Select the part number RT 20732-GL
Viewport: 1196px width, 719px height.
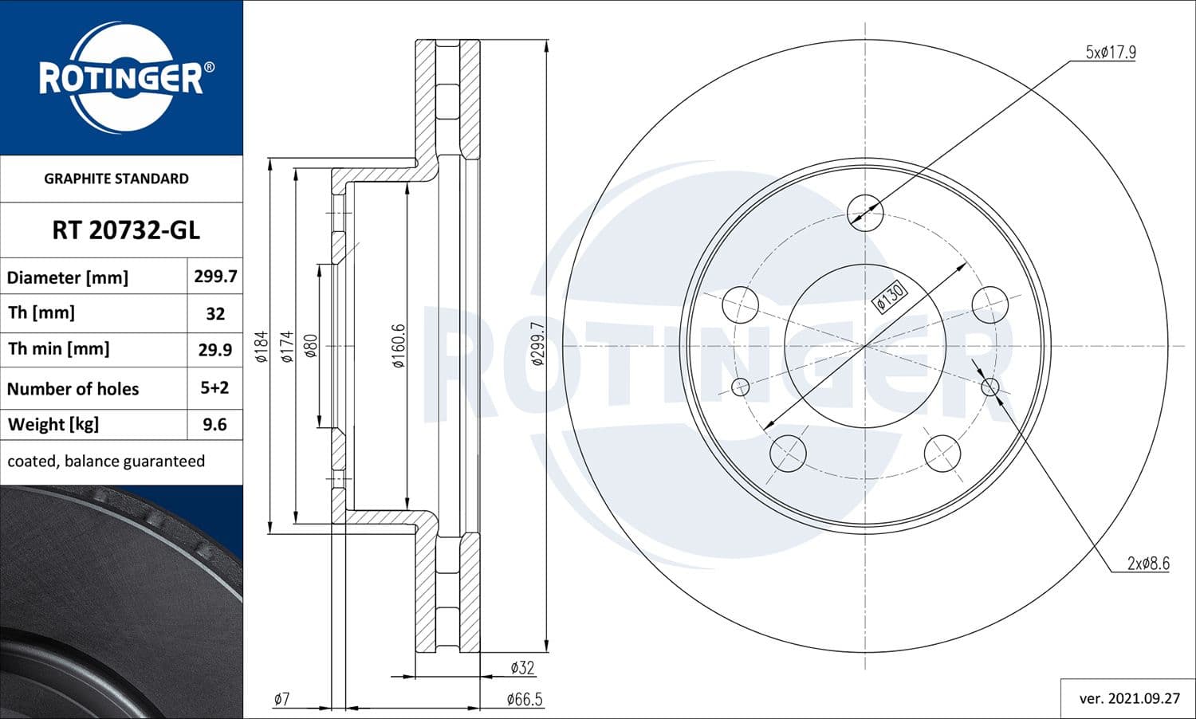(x=125, y=230)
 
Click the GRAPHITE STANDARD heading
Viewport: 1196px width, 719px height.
(x=116, y=179)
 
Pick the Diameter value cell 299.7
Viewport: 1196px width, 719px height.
(x=215, y=277)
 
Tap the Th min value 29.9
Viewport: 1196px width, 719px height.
(x=215, y=350)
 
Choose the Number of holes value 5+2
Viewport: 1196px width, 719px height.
(x=215, y=388)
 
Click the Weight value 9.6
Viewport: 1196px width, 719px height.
(x=215, y=425)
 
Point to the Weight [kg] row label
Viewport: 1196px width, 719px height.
(x=53, y=425)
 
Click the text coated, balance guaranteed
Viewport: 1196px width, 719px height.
(x=106, y=462)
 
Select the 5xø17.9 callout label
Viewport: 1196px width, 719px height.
(x=1111, y=53)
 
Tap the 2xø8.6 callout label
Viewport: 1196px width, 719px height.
(x=1147, y=564)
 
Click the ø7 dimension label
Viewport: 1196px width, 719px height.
(x=281, y=700)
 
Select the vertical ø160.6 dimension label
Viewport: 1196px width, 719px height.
(x=399, y=345)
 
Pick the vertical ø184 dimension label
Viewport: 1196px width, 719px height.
(x=261, y=347)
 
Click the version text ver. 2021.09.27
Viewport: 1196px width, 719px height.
(x=1129, y=699)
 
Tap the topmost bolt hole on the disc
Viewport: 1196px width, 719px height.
(x=866, y=212)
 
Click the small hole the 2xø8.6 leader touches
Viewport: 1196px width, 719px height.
(x=990, y=387)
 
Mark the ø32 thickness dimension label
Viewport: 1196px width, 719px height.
(x=522, y=668)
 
